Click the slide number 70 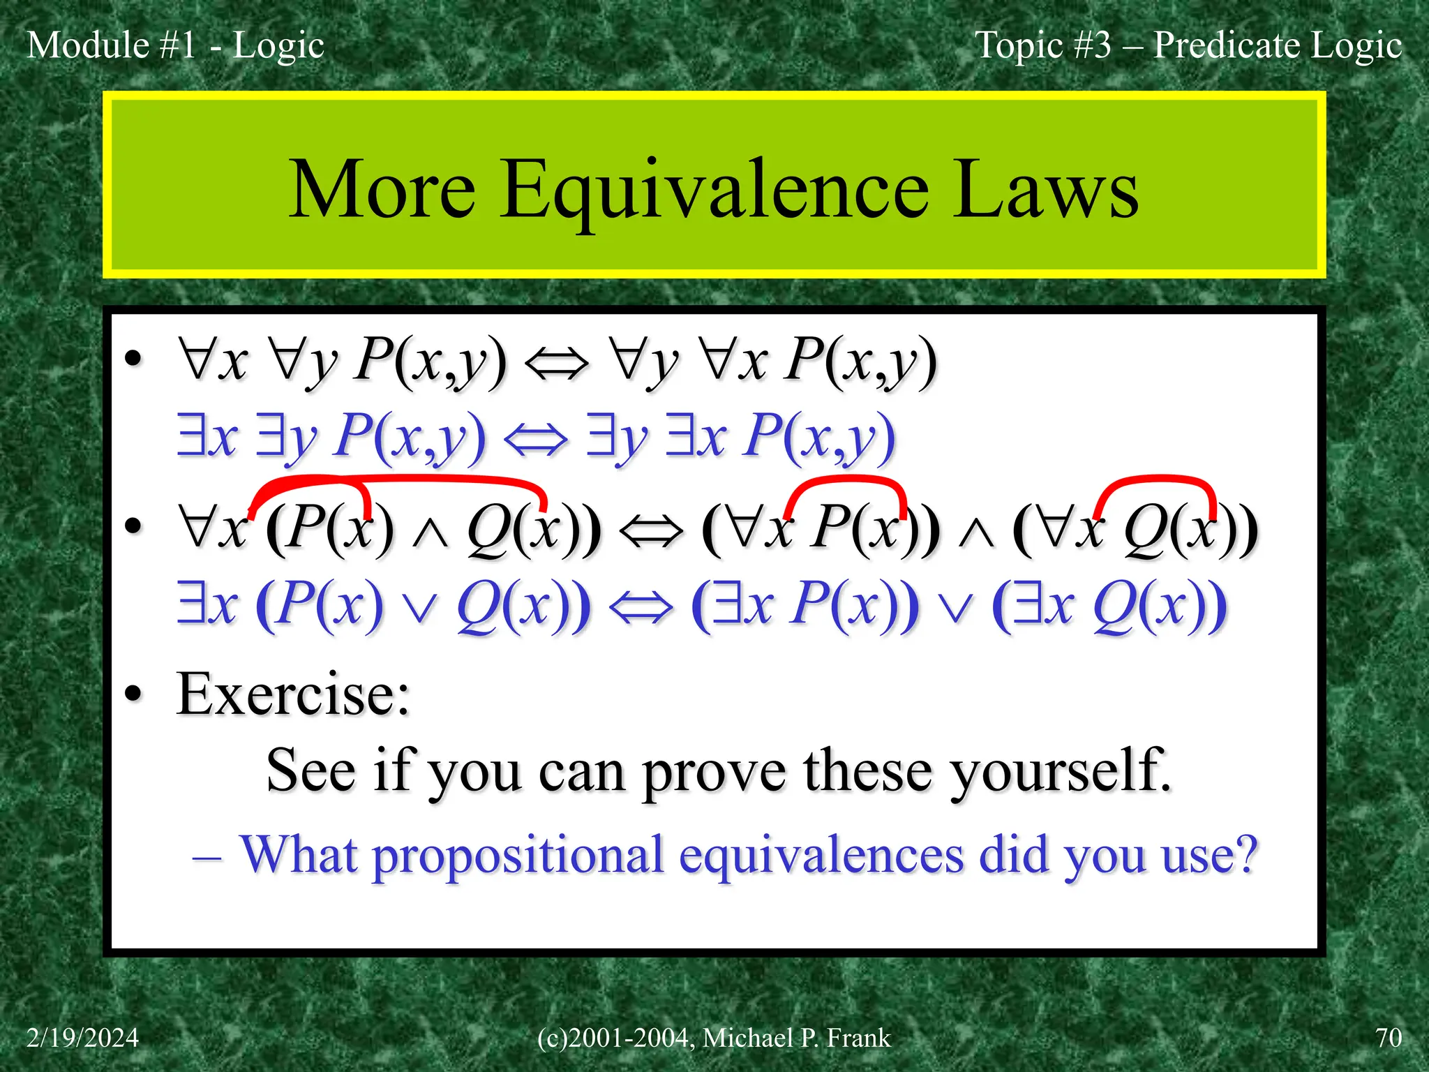coord(1389,1038)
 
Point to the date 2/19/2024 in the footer coord(82,1038)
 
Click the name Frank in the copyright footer coord(858,1038)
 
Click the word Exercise coord(293,694)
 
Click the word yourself coord(1061,772)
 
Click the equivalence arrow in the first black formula coord(556,363)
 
